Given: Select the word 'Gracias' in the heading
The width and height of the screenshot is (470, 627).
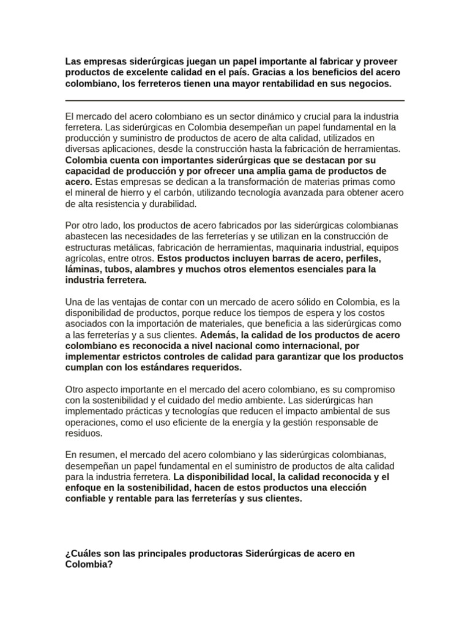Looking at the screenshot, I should pyautogui.click(x=281, y=72).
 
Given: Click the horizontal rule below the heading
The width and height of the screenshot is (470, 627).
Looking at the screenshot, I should pyautogui.click(x=234, y=100).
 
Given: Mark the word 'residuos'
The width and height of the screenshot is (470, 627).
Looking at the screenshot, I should pyautogui.click(x=84, y=434).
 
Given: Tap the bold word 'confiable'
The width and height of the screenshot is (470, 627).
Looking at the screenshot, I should pyautogui.click(x=86, y=500).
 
